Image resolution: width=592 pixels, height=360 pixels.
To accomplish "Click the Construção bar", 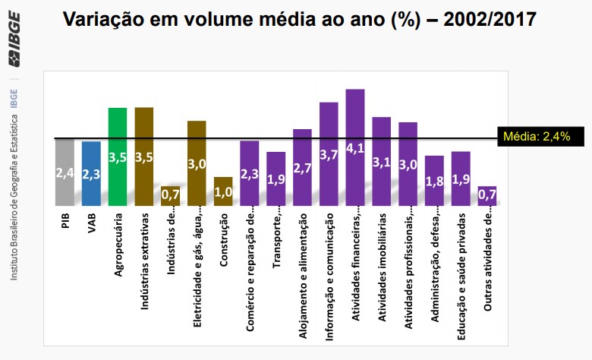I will pos(223,191).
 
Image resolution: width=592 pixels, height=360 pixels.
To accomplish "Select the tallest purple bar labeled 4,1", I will pos(355,147).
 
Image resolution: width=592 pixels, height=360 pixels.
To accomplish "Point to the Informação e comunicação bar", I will pos(329,153).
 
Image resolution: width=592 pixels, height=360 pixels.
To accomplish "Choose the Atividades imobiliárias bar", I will pos(382,161).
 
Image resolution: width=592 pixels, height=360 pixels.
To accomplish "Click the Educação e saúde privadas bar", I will pos(461,178).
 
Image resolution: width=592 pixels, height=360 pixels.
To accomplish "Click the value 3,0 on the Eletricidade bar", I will pos(197,163).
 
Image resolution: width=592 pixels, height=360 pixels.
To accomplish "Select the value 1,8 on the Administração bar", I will pos(434,182).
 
